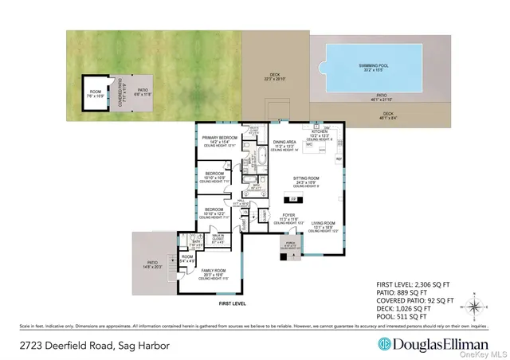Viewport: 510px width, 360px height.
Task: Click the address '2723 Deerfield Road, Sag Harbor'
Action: pyautogui.click(x=80, y=343)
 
